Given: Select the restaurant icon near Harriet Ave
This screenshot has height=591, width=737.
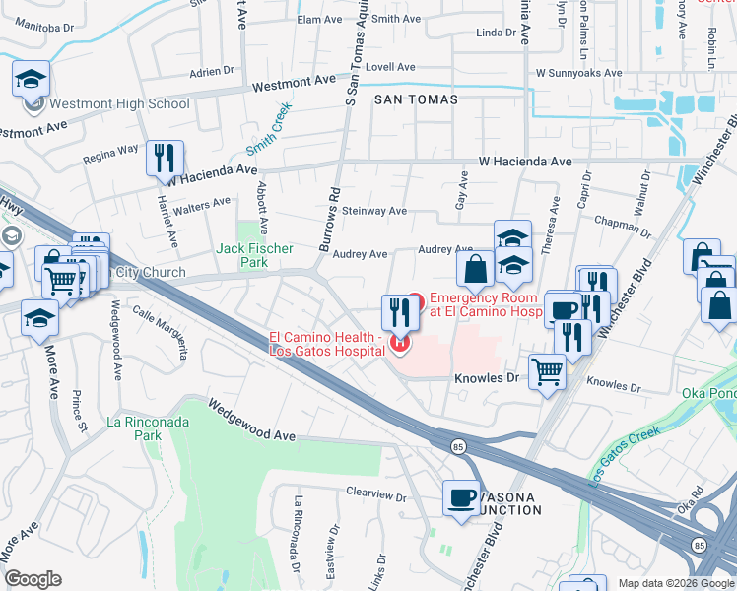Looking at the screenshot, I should coord(165,158).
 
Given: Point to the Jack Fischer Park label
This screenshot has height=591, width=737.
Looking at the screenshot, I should coord(254,256).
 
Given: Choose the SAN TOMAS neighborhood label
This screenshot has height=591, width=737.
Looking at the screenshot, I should coord(415,100).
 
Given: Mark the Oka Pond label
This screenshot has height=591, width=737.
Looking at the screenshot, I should coord(707,394).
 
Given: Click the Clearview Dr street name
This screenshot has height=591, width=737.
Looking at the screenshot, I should coord(375,494).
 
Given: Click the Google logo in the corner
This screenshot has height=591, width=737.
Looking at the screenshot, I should coord(33,579).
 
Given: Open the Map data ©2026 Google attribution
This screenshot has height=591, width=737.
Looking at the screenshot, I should coord(676,583).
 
